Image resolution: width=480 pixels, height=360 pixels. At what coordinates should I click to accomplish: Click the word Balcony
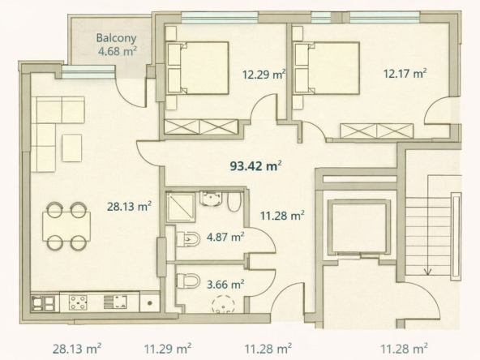coord(116,38)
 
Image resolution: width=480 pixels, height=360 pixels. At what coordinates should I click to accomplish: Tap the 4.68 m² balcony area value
coord(118,51)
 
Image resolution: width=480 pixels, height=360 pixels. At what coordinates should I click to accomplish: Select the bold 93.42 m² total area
coord(256,166)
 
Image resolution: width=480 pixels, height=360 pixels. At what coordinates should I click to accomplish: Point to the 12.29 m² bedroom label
coord(264,75)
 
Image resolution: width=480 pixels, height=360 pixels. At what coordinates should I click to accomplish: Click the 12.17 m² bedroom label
coord(405,74)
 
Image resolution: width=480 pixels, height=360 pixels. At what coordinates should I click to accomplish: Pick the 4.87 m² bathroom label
coord(225,237)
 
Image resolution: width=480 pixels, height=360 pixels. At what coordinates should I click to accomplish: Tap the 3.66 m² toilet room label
coord(225,285)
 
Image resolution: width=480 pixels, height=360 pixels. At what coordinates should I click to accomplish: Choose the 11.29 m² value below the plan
coord(168,349)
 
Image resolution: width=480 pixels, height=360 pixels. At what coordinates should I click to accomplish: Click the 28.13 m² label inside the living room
coord(129,207)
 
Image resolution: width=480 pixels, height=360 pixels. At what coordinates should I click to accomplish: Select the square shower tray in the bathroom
coord(180,208)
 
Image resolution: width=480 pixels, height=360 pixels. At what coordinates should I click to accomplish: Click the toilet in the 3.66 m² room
coord(188,280)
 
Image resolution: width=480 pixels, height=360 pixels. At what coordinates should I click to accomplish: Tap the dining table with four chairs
coord(66,226)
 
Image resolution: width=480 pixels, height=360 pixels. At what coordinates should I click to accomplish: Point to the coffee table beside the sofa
coord(72,148)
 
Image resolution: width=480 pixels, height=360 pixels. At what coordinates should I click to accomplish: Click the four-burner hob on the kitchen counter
coord(78,302)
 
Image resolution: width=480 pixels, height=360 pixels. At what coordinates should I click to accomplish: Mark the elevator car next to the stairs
coord(359,228)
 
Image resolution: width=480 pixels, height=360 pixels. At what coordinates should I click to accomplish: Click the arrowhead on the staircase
coord(427,272)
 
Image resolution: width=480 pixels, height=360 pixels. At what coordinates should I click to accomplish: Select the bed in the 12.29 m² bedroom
coord(198,68)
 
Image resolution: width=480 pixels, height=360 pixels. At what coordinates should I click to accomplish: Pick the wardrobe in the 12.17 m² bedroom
coord(376,131)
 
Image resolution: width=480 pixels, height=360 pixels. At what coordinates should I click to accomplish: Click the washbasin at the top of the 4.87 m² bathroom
coord(212,199)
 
